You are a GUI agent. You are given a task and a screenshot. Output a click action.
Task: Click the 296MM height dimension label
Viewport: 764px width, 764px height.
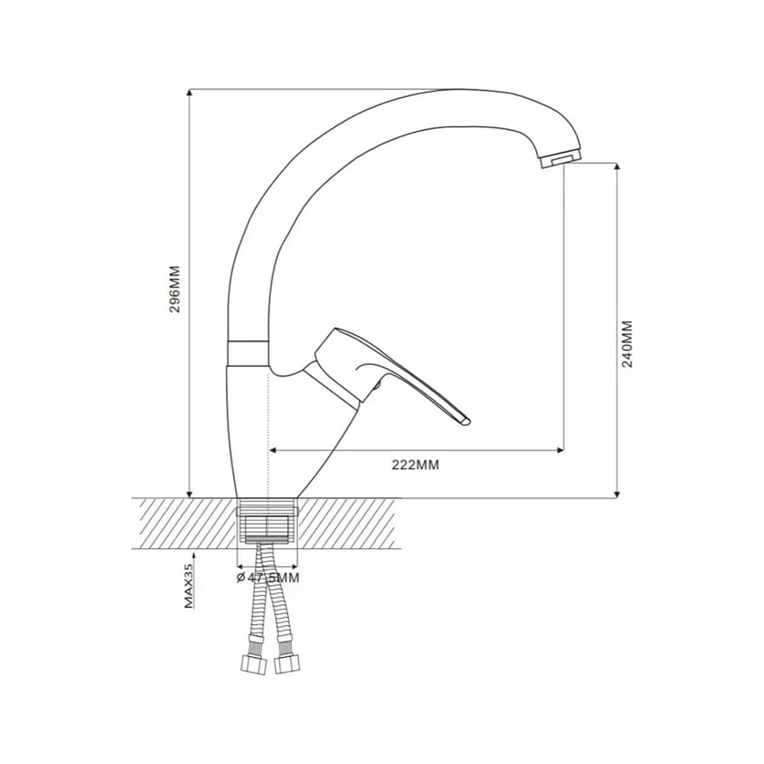pyautogui.click(x=174, y=289)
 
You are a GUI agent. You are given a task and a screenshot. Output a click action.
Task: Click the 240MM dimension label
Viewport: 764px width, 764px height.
pyautogui.click(x=627, y=344)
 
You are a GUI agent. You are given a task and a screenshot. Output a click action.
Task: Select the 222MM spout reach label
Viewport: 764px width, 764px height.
pyautogui.click(x=415, y=465)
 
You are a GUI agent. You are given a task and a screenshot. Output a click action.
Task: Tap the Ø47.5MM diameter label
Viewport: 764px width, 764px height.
pyautogui.click(x=267, y=578)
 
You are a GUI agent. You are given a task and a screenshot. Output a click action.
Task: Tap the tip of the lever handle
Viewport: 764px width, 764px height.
pyautogui.click(x=468, y=420)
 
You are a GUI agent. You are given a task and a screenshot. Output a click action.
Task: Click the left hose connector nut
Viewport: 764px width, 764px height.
pyautogui.click(x=254, y=665)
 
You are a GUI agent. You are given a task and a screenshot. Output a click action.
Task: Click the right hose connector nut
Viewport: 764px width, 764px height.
pyautogui.click(x=287, y=664)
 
